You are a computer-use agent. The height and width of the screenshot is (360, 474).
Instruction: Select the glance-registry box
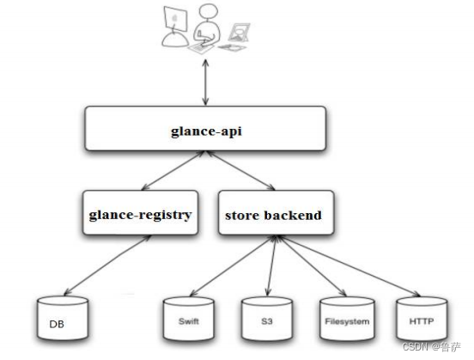click(137, 215)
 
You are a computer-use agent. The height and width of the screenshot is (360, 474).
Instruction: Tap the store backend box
click(272, 215)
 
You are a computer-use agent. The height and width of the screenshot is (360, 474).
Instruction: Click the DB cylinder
click(64, 323)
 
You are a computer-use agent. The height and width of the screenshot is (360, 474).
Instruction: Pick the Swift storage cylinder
click(188, 322)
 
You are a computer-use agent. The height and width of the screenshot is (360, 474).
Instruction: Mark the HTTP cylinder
click(421, 322)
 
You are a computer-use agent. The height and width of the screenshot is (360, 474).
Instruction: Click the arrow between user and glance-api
click(204, 82)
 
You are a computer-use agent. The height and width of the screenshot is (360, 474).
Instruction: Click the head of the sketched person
click(206, 14)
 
